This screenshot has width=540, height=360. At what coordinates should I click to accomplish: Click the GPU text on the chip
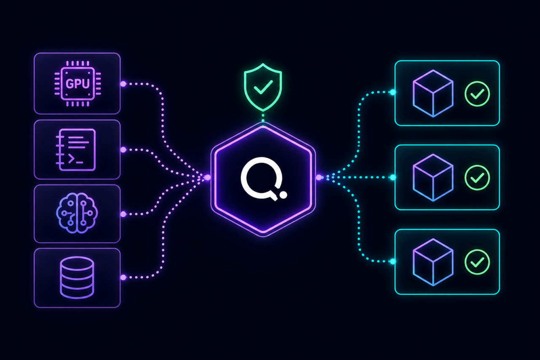77,84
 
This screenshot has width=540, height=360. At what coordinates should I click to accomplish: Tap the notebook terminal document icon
76,150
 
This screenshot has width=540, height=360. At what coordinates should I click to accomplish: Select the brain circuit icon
77,213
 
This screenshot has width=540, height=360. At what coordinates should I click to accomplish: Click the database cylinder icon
77,278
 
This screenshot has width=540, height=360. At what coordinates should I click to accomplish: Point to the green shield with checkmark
263,87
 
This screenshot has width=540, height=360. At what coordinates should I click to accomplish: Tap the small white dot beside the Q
283,195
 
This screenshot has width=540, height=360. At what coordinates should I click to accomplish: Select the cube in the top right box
433,94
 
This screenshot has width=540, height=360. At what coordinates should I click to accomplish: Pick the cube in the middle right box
433,178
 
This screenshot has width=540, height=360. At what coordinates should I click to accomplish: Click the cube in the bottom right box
433,262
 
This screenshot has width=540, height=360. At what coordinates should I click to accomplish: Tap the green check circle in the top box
477,94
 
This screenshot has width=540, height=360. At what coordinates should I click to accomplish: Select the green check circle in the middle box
477,178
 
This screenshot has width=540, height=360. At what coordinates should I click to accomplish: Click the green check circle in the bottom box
477,262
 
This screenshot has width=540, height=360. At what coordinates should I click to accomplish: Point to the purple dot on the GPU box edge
123,84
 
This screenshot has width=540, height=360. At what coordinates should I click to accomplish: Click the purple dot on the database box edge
123,277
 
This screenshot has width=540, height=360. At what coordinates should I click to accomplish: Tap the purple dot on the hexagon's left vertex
207,178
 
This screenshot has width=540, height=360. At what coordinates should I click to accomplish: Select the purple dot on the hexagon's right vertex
319,178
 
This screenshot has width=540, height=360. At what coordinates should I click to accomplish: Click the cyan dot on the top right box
393,92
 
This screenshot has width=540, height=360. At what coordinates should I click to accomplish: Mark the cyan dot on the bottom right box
393,261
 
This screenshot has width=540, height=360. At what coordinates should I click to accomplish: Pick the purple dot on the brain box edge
123,214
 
